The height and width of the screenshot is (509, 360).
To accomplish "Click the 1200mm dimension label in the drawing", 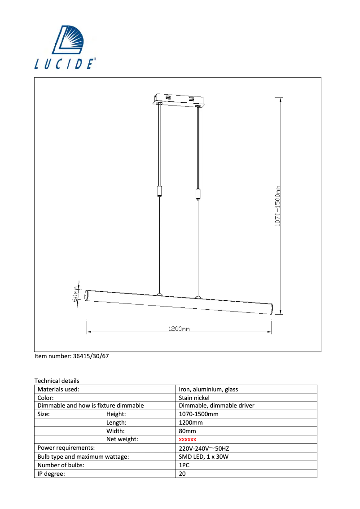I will point(179,329).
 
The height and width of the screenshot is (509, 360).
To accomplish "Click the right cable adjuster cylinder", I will point(198,193).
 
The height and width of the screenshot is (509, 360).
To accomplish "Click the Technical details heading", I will point(57,381).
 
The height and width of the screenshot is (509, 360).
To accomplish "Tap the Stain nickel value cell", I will point(194,398).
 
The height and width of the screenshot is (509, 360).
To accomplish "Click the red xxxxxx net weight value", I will point(188,439).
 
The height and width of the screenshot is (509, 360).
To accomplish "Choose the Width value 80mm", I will point(188,431).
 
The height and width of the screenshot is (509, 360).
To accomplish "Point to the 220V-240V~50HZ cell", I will point(204,448).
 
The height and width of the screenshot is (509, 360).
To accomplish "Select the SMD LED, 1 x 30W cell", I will point(204,456).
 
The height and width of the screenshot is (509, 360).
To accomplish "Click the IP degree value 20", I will point(182,473).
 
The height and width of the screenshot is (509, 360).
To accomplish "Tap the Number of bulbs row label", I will point(61,465).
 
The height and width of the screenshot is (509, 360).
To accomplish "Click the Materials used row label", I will point(58,390).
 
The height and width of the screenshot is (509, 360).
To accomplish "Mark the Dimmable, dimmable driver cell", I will point(216,406).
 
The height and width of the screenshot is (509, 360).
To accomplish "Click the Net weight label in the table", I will point(122,439).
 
